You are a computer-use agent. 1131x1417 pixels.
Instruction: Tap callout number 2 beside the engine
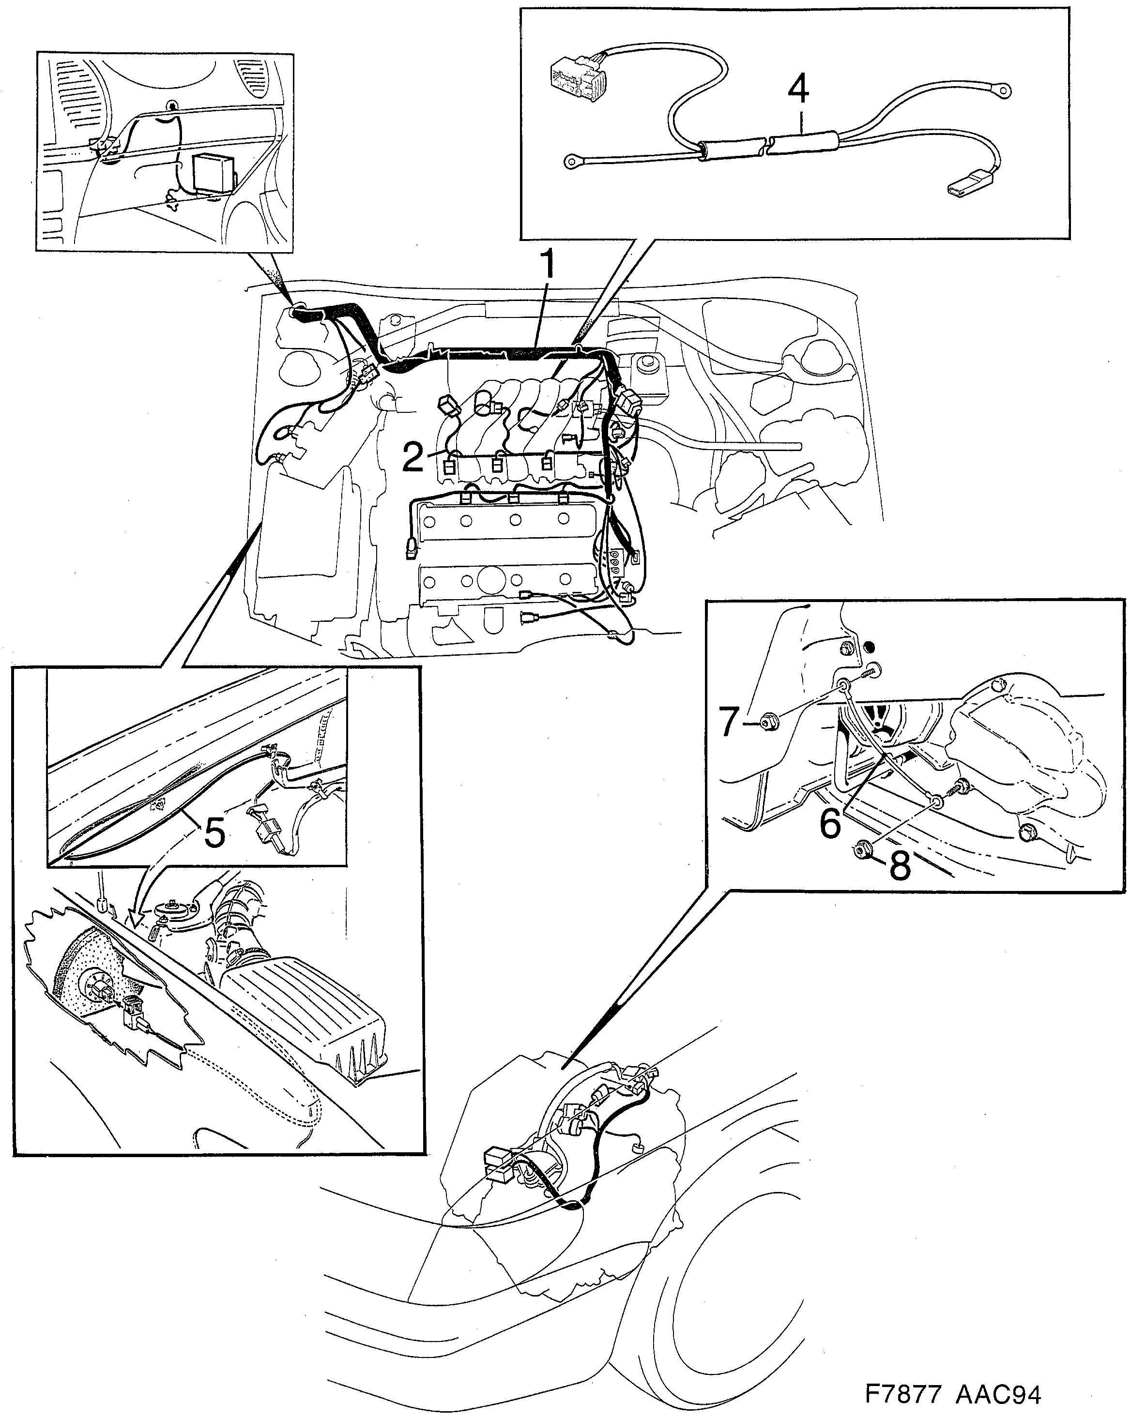tap(413, 457)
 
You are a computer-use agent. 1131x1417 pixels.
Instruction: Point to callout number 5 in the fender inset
tap(214, 833)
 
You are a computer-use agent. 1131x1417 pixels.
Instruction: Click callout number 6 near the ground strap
tap(830, 822)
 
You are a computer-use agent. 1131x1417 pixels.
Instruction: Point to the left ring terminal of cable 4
tap(572, 159)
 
